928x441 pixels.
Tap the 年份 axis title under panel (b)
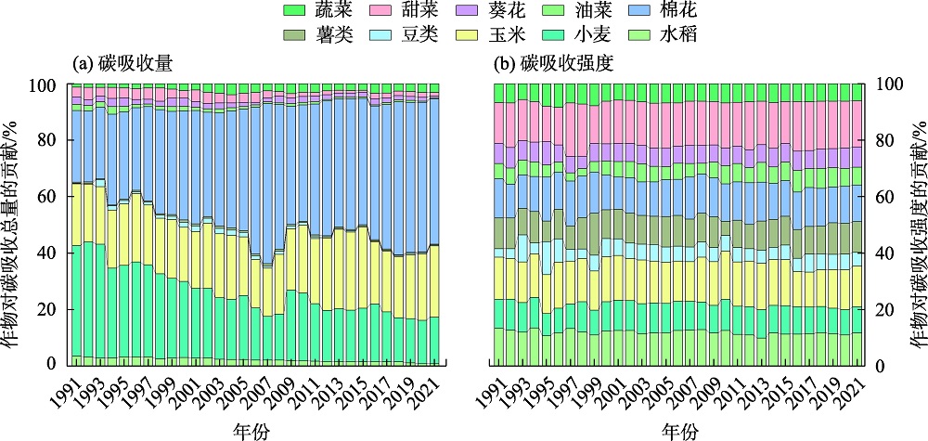pyautogui.click(x=679, y=429)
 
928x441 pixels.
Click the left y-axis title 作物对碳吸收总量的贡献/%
pyautogui.click(x=11, y=223)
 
